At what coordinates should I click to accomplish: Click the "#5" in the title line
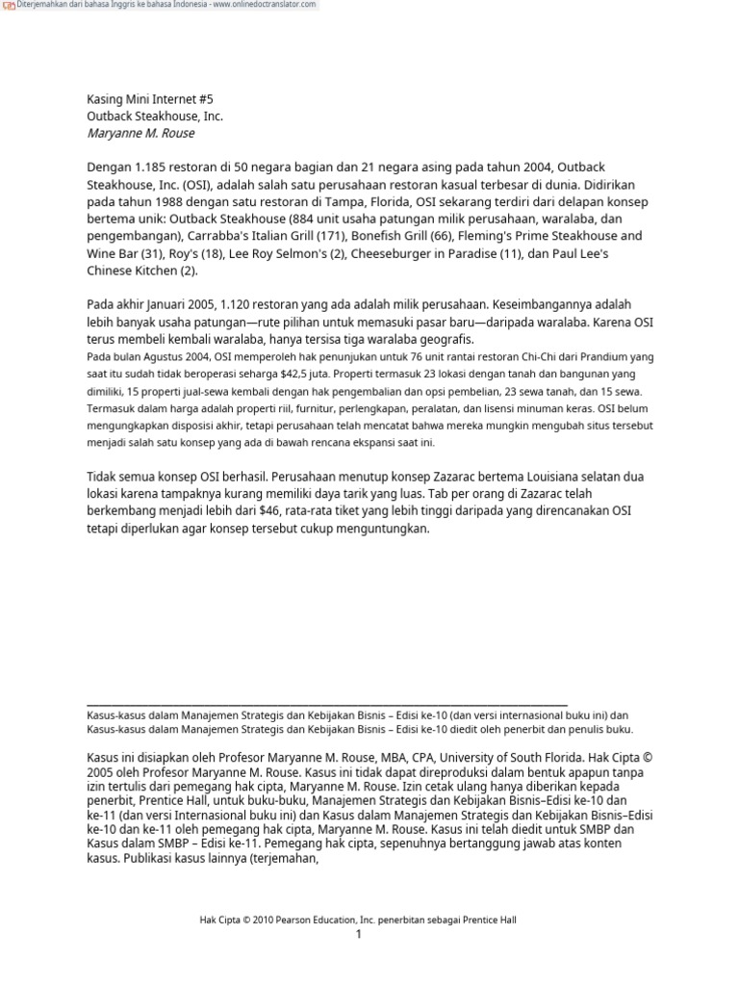coord(208,98)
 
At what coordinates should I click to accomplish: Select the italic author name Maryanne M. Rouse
coord(140,133)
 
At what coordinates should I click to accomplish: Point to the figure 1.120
coord(244,305)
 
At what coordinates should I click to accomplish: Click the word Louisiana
coord(534,477)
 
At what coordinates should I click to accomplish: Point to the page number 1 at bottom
coord(358,935)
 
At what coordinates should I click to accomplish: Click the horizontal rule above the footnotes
coord(327,705)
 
